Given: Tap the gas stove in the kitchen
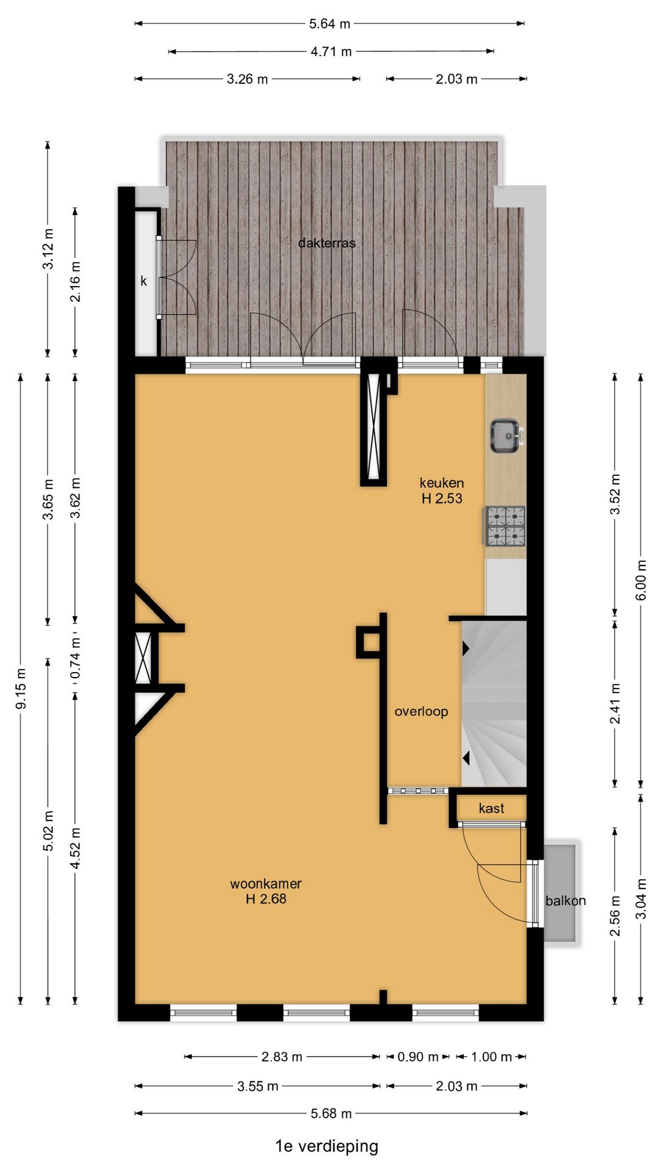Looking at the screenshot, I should tap(506, 526).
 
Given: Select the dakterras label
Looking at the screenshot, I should tap(327, 243).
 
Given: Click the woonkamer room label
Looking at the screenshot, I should tap(266, 884).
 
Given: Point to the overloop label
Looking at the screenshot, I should tap(421, 711).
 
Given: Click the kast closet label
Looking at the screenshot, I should tap(491, 808).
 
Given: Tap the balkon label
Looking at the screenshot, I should tap(566, 901).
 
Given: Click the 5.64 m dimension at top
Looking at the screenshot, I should tap(329, 24).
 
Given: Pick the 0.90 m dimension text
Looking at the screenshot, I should tap(418, 1057).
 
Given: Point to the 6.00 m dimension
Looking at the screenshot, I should tap(641, 580).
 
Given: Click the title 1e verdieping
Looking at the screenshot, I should tap(327, 1146).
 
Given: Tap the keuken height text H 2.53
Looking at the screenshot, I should tap(442, 498).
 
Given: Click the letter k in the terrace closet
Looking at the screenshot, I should tap(144, 281).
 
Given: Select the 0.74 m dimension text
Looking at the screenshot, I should tap(75, 659).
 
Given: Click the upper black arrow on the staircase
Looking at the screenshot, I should tap(466, 648).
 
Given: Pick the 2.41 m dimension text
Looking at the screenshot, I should tap(615, 704).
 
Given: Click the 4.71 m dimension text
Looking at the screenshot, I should tap(331, 51).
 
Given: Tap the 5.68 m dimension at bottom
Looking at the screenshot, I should tap(331, 1113).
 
